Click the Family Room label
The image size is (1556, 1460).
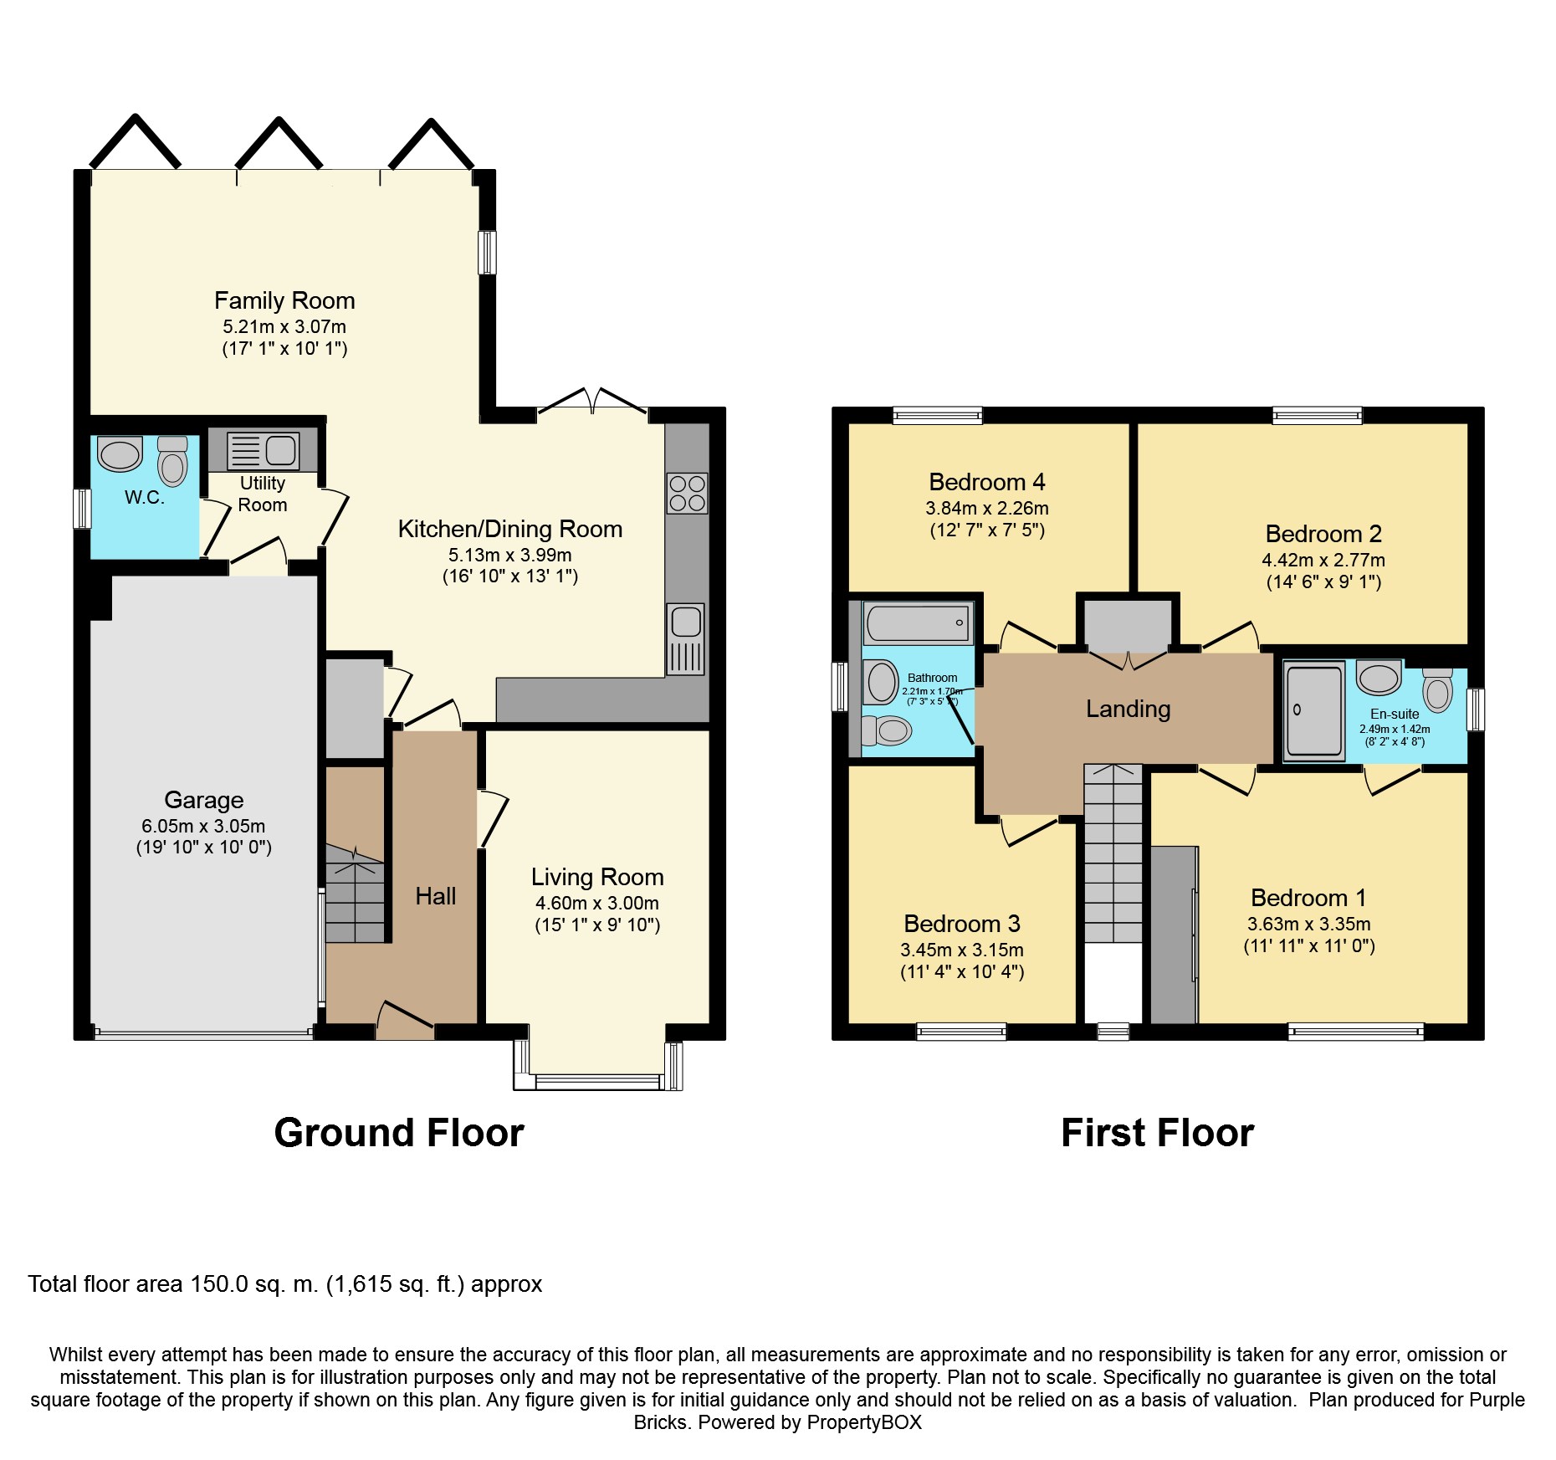[284, 300]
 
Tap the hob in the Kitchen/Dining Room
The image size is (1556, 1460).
[687, 493]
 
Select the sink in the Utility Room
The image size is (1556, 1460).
[263, 451]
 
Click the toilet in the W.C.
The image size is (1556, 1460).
[173, 461]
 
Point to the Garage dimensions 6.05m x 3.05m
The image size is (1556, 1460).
[203, 826]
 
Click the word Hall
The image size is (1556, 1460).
[436, 896]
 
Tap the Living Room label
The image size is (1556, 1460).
[597, 877]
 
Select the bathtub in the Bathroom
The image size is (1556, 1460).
[918, 622]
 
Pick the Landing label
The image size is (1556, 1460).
[1128, 710]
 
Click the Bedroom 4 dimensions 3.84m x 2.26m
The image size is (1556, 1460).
[987, 508]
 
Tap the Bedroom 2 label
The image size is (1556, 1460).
[1323, 534]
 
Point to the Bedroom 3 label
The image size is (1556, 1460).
[962, 924]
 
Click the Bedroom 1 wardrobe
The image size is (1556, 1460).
[1174, 935]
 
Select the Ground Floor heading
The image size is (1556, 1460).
[399, 1133]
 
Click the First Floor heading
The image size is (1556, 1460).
[1158, 1133]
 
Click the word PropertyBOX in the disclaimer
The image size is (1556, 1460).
[865, 1422]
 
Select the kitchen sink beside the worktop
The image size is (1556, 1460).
[686, 639]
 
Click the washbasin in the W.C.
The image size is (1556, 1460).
[120, 454]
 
